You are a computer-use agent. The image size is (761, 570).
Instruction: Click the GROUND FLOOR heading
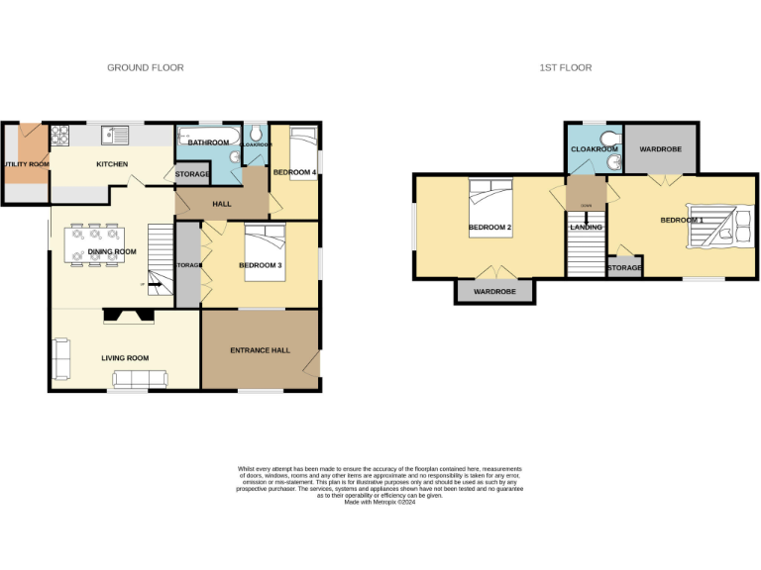(146, 67)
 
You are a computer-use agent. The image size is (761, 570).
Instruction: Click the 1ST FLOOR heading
(566, 67)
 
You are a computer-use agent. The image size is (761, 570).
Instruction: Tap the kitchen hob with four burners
(59, 133)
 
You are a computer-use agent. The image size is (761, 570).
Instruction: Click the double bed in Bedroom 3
(265, 252)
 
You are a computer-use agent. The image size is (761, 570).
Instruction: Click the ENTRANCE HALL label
(261, 350)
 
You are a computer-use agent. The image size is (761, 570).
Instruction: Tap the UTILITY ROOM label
(26, 163)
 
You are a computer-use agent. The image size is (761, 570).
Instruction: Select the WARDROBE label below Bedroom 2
(494, 293)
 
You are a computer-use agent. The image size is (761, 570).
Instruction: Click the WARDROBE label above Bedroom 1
(660, 148)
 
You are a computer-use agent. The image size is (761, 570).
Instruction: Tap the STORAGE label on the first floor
(624, 267)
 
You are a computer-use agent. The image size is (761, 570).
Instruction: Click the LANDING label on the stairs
(586, 227)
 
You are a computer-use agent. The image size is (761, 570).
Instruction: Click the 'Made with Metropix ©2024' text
(380, 502)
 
